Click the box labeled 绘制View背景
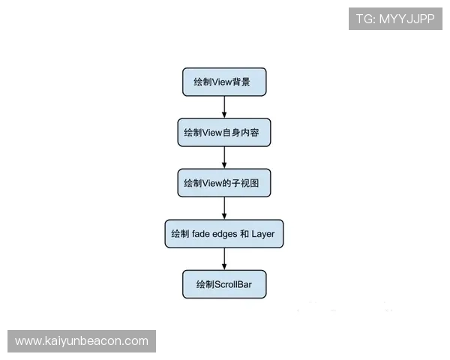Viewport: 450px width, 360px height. (x=224, y=82)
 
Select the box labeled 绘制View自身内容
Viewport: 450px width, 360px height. (x=224, y=132)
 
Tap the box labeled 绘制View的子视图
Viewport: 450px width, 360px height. (x=224, y=183)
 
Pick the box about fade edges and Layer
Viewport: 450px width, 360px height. (x=224, y=234)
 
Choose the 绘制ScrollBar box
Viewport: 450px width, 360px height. (x=224, y=284)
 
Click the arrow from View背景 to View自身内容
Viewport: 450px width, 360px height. (x=224, y=107)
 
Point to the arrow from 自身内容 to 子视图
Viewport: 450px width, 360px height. (x=224, y=157)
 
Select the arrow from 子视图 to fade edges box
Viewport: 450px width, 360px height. (x=224, y=208)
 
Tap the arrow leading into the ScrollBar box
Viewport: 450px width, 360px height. (x=224, y=259)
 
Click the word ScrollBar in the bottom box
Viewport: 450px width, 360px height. (x=233, y=284)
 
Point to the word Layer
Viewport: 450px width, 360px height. (x=263, y=234)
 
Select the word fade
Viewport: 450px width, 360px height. (x=200, y=234)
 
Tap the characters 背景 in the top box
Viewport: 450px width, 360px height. (x=241, y=82)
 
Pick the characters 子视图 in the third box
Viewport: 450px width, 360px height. (x=245, y=183)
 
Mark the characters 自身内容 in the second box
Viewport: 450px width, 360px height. (x=241, y=133)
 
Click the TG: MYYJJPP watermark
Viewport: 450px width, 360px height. (x=395, y=19)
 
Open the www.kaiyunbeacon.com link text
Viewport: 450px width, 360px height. (x=82, y=341)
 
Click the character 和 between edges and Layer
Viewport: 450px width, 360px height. (x=244, y=234)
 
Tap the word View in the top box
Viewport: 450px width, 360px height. (x=222, y=82)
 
